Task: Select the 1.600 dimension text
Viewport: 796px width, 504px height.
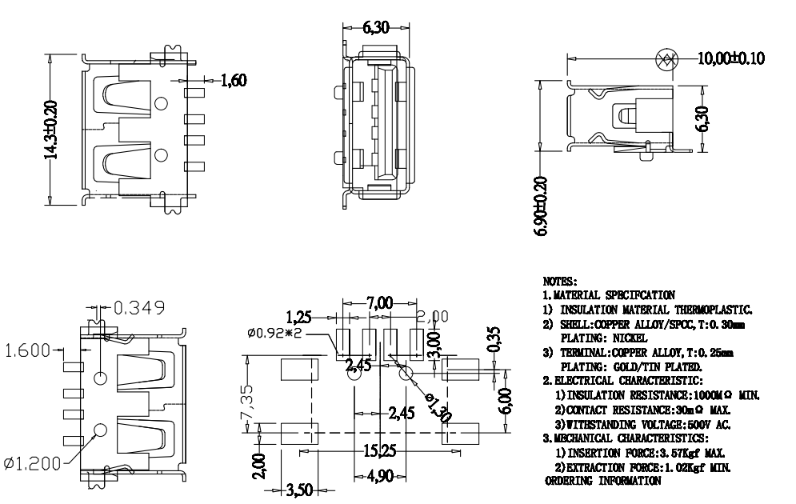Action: coord(25,350)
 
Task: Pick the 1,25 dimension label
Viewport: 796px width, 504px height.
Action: coord(300,316)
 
